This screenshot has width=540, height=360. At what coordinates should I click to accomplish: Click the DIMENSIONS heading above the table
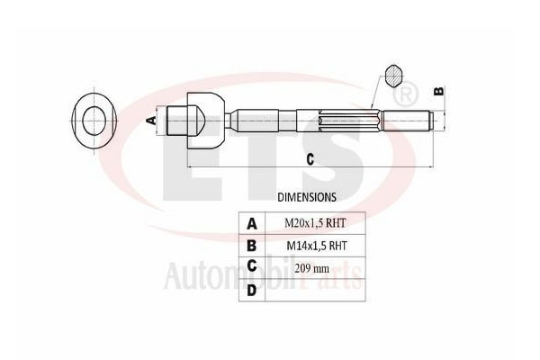coord(307,195)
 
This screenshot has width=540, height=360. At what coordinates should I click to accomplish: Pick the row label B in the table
coord(252,245)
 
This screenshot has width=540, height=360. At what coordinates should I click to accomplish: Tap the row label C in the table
coord(252,266)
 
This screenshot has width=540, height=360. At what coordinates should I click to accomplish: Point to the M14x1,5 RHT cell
coord(316,245)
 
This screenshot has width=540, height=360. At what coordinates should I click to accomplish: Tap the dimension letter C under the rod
coord(309,160)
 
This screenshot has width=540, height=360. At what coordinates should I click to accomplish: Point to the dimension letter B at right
coord(439,90)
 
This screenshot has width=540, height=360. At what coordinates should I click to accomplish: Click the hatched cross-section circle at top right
coord(394,76)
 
